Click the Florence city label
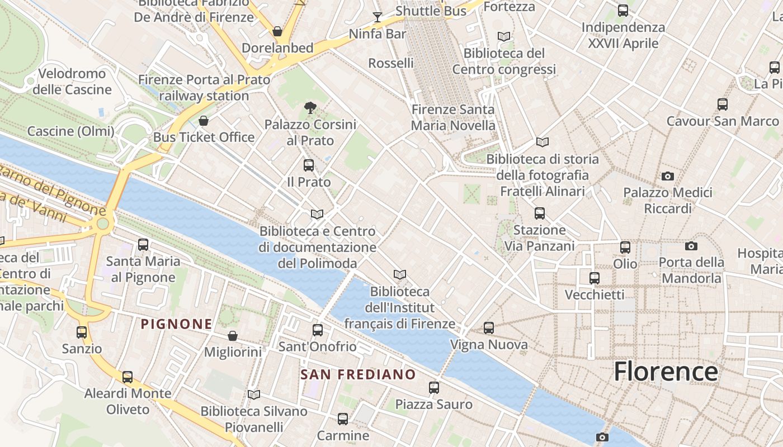click(666, 372)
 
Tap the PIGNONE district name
click(176, 324)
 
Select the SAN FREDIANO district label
click(358, 374)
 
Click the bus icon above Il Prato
click(308, 165)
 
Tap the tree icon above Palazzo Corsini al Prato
click(310, 108)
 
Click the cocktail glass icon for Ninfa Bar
click(378, 17)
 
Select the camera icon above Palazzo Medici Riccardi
click(667, 177)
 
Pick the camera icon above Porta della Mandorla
click(691, 246)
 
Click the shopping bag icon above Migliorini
click(233, 336)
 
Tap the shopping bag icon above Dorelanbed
click(277, 31)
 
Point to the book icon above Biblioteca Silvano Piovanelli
click(254, 395)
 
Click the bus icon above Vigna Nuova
click(489, 328)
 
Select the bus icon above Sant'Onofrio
click(318, 330)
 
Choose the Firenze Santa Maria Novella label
click(453, 117)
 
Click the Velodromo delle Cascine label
click(72, 82)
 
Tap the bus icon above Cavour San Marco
click(722, 104)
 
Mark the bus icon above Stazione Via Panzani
click(539, 213)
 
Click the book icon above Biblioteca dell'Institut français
click(399, 274)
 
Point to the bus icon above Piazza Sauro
click(434, 388)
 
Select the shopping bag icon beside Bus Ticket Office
click(204, 121)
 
